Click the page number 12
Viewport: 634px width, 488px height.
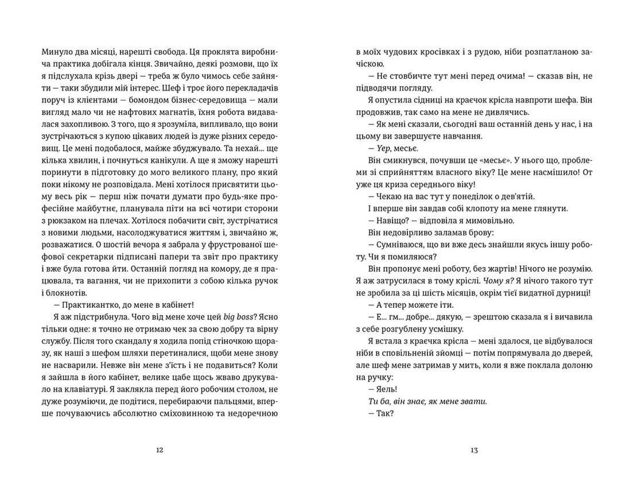[x=160, y=450]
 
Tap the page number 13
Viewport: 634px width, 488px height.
[x=474, y=450]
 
